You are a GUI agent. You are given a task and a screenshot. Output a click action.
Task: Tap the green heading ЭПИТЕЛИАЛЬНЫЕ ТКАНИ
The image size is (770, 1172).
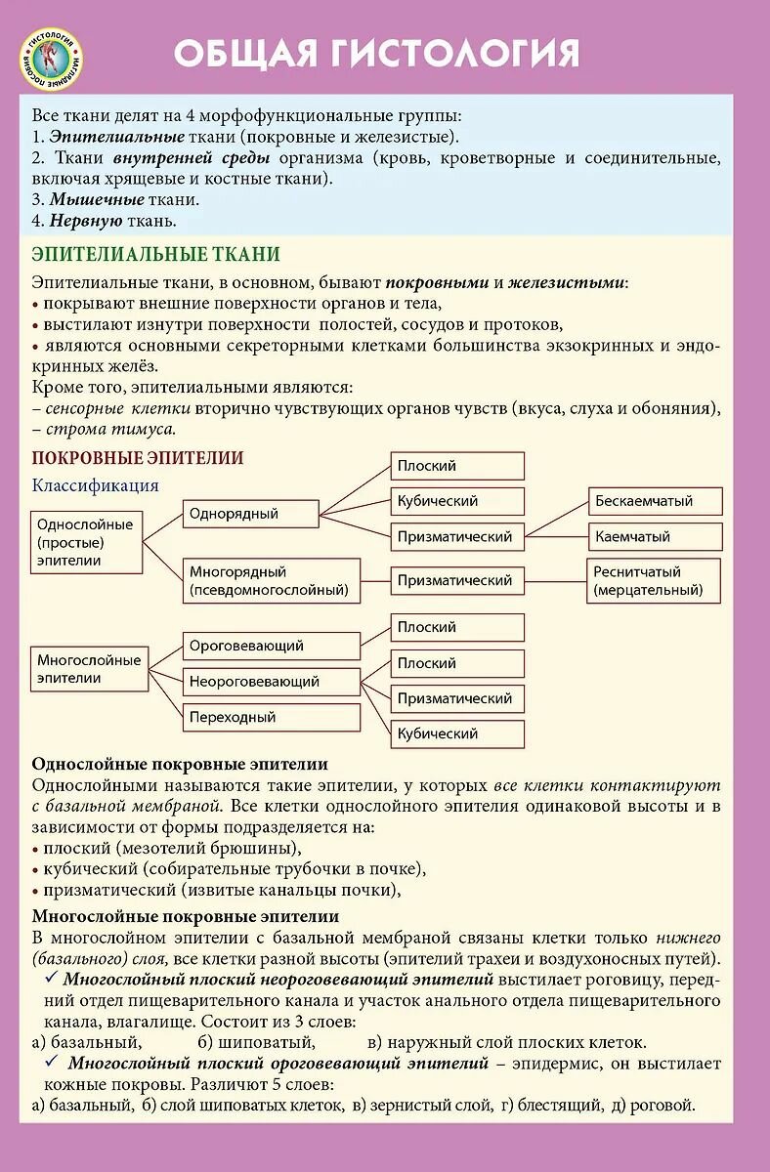155,255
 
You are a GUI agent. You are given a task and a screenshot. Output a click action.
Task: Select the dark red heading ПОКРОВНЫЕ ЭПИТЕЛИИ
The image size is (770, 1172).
138,458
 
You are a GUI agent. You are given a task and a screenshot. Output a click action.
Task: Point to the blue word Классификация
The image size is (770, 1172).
95,485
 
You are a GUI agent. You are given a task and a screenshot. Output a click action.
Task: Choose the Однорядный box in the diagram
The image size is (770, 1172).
251,514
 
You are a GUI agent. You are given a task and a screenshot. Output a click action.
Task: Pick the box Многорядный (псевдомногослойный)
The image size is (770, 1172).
272,580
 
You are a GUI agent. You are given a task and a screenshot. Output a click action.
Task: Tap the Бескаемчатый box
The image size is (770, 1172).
655,501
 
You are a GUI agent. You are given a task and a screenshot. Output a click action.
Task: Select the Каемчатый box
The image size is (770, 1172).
655,536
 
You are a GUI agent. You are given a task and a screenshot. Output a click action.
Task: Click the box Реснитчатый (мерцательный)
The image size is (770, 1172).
655,580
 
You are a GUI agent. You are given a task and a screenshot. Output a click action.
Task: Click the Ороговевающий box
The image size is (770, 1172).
272,646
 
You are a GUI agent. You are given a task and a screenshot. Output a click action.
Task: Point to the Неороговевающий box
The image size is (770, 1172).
272,682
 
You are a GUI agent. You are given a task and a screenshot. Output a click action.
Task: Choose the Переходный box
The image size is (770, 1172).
272,717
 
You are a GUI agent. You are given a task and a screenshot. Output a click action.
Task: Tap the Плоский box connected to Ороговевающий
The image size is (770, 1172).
457,627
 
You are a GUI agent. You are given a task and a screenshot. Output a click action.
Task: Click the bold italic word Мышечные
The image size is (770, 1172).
97,199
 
